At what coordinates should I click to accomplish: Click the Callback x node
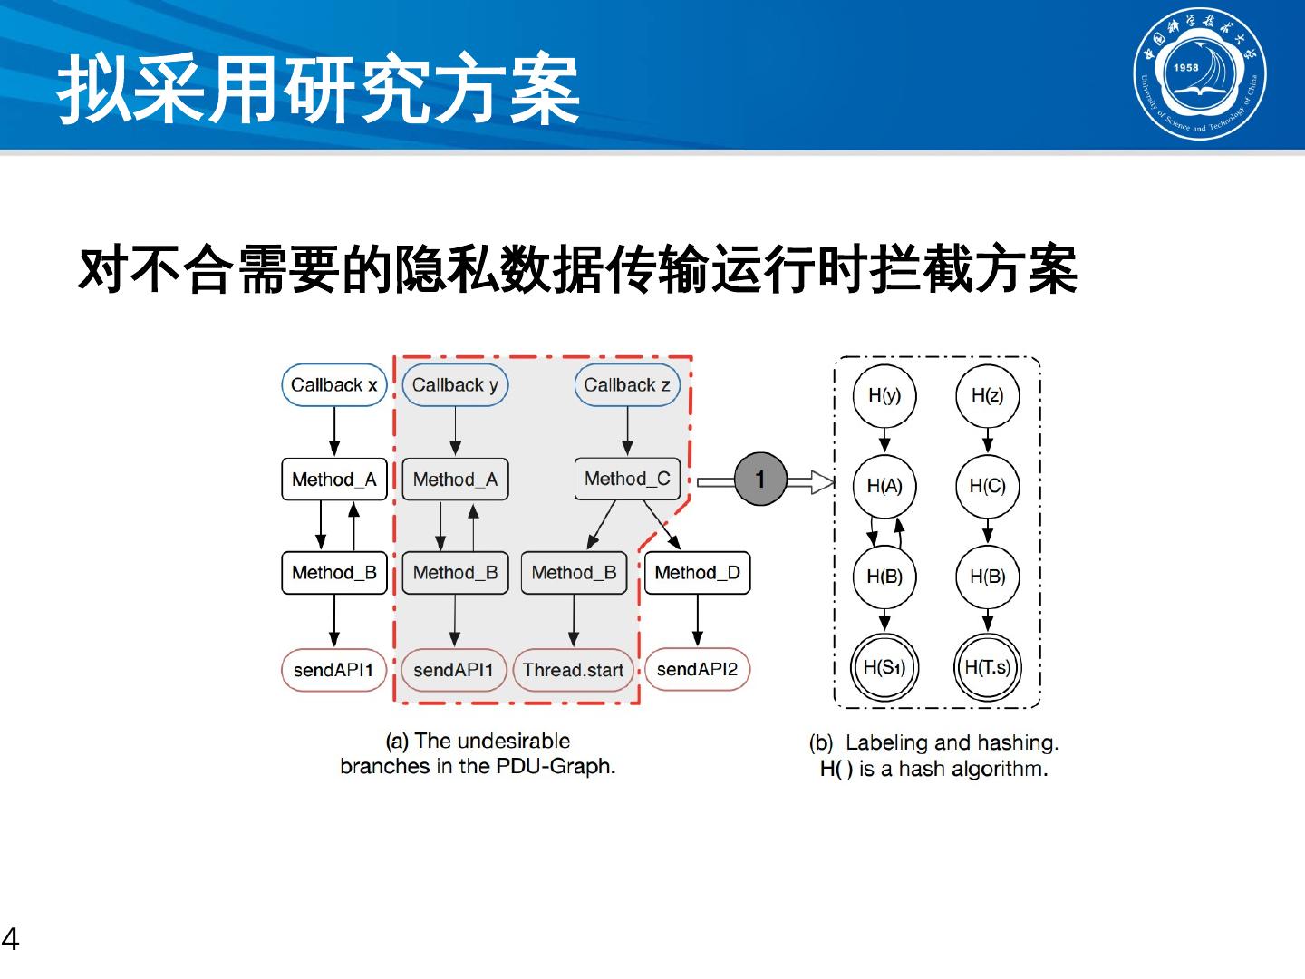[x=333, y=385]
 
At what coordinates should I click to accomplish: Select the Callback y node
[x=455, y=385]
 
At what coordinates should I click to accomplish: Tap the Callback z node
[x=627, y=385]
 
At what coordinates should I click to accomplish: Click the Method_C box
[x=627, y=479]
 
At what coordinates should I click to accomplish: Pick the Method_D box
[x=697, y=573]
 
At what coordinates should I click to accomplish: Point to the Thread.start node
[x=573, y=671]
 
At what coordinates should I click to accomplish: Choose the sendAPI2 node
[x=697, y=670]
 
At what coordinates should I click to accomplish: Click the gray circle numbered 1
[x=759, y=479]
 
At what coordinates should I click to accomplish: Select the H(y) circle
[x=884, y=395]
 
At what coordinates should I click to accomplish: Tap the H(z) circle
[x=987, y=395]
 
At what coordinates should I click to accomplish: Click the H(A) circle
[x=884, y=486]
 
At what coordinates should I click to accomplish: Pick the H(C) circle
[x=987, y=486]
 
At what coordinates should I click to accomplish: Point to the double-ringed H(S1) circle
[x=884, y=668]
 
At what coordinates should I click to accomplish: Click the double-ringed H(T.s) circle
[x=987, y=668]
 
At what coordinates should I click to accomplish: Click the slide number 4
[x=10, y=939]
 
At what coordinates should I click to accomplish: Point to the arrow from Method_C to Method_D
[x=662, y=525]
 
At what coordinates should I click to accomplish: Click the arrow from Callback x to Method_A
[x=334, y=431]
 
